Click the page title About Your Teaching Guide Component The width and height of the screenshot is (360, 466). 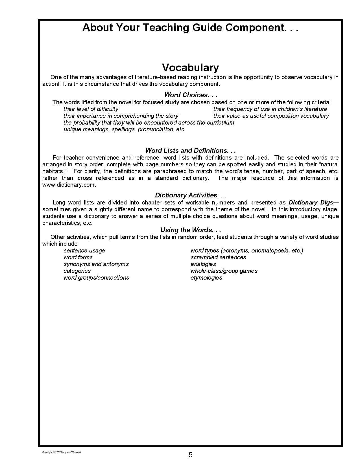190,28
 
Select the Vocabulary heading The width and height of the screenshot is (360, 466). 190,67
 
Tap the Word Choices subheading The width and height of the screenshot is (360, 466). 190,95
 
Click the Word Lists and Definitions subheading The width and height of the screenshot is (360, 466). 190,151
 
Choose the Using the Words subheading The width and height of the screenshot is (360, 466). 190,230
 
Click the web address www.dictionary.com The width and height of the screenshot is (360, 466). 69,185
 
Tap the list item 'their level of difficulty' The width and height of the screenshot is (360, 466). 91,109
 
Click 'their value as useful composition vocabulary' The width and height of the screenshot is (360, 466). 271,116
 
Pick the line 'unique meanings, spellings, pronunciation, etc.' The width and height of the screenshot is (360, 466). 125,129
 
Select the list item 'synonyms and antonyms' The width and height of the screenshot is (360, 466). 96,264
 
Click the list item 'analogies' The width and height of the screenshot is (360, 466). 203,264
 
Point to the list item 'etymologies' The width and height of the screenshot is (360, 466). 206,278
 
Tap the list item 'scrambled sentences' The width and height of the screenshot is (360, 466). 218,257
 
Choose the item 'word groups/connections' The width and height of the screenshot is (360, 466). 96,278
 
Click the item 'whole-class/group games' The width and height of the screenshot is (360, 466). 224,271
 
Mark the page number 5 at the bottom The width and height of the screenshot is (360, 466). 190,455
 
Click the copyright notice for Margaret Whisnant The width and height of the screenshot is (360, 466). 62,452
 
